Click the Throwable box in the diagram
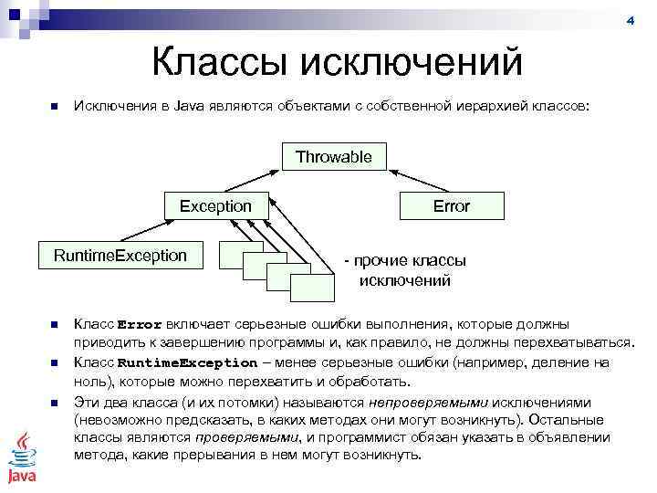click(334, 157)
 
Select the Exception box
click(215, 206)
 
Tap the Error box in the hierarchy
click(451, 206)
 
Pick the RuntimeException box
click(120, 255)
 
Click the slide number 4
click(630, 20)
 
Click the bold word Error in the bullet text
click(140, 325)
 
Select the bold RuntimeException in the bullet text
click(188, 362)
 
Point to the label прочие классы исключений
click(404, 270)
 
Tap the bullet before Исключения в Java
click(54, 108)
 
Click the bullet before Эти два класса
click(54, 402)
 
